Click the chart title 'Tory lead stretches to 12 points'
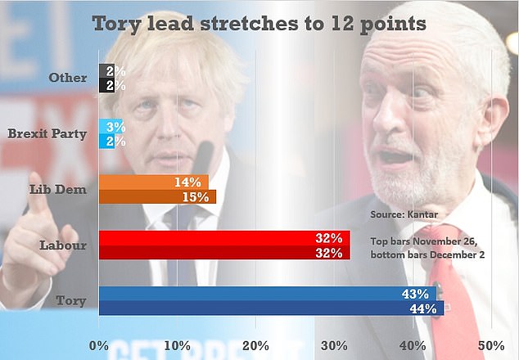259,23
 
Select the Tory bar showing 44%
270,308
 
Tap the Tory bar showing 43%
266,294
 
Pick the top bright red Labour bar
223,238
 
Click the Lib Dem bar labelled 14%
153,182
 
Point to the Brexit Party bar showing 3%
110,127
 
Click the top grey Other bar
106,71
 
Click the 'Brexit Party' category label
47,134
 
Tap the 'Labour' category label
64,245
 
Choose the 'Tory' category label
73,301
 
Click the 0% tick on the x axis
99,344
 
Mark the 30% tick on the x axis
334,344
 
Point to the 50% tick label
490,344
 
